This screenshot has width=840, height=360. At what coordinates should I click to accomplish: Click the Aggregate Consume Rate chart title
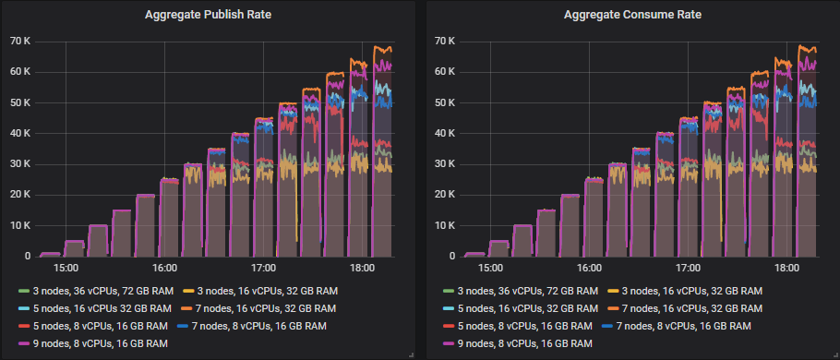point(631,15)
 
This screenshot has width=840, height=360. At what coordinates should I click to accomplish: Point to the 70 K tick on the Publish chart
point(21,41)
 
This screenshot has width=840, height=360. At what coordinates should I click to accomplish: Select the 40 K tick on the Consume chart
point(445,133)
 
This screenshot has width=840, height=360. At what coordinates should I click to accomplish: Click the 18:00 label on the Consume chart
point(786,269)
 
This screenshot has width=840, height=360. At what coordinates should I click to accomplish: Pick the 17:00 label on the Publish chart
point(264,269)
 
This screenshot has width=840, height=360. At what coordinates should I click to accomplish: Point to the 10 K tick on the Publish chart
point(21,225)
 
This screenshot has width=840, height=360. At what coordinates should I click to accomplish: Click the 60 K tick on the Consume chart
point(445,71)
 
